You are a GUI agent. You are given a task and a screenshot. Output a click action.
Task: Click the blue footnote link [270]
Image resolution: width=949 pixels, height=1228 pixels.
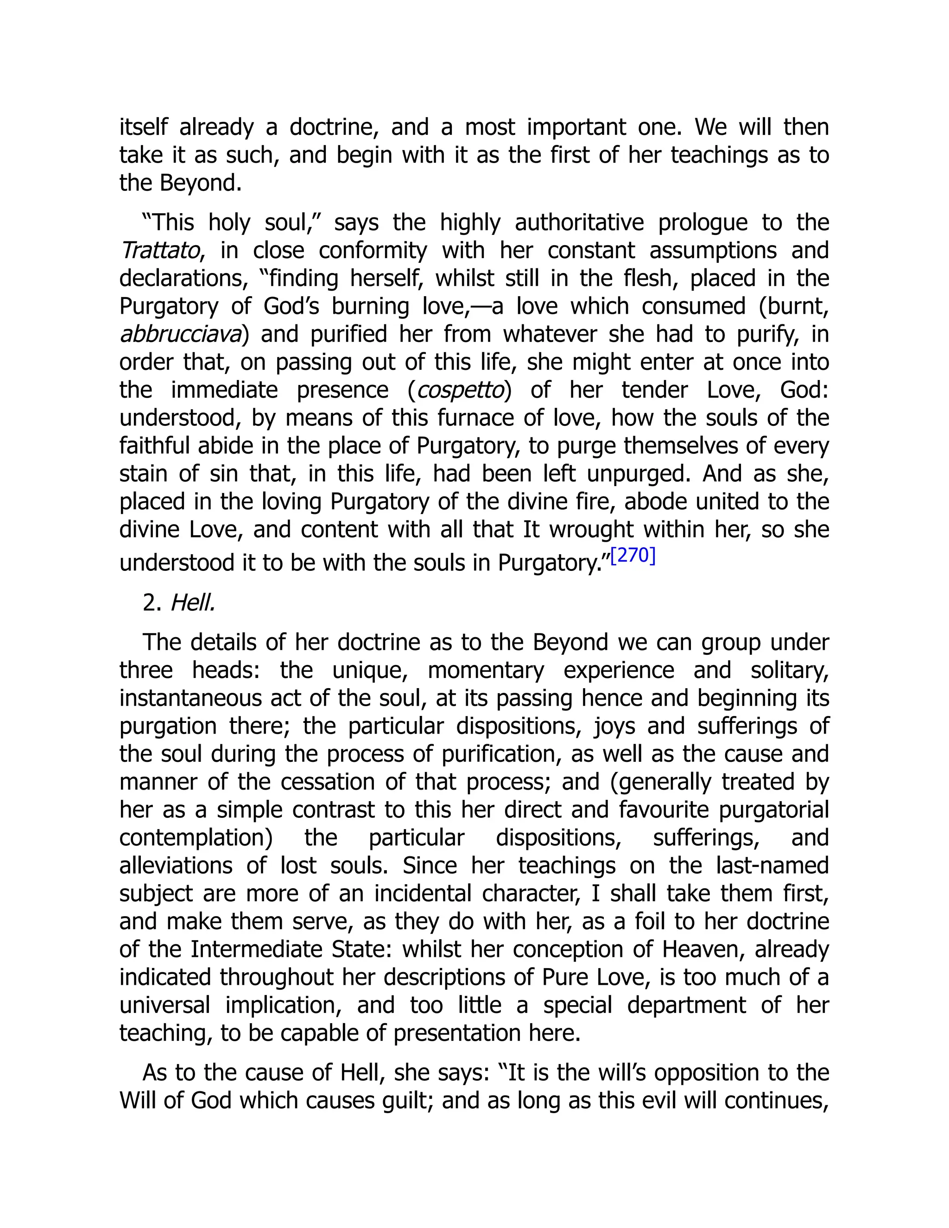(633, 556)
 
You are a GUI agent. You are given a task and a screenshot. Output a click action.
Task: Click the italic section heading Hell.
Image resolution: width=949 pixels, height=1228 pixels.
(193, 603)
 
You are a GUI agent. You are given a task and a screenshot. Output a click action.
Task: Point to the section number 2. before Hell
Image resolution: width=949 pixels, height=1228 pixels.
(152, 603)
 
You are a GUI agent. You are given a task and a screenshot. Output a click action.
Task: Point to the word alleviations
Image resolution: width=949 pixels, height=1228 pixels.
(176, 865)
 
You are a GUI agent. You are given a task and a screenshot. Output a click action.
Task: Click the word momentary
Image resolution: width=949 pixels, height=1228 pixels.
(486, 670)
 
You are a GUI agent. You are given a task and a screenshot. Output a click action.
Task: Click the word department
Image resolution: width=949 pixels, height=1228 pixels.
(686, 1005)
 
